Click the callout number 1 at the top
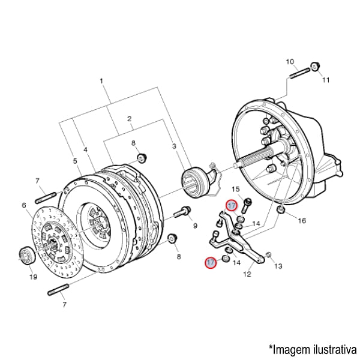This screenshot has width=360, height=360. click(102, 81)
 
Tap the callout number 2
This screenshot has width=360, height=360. click(130, 119)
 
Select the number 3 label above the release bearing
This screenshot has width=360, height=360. click(174, 146)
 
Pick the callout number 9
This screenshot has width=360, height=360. click(195, 225)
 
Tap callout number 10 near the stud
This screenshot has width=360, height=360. click(290, 62)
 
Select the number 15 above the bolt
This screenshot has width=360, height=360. click(236, 190)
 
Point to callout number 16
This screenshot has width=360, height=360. click(302, 220)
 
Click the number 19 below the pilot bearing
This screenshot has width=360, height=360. click(34, 277)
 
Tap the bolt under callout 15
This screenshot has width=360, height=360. click(245, 204)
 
